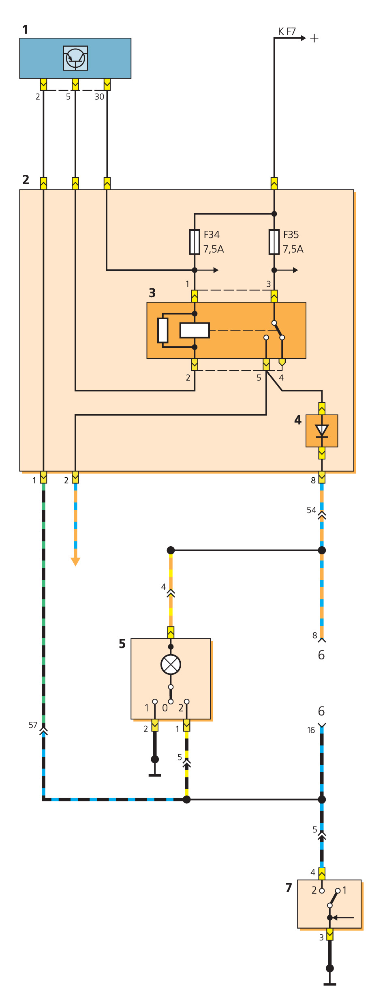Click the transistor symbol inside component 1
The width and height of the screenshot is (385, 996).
coord(75,58)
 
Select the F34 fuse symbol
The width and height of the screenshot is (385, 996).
coord(195,242)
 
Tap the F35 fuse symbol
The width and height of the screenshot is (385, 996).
coord(274,242)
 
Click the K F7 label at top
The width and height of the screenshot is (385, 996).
coord(287,31)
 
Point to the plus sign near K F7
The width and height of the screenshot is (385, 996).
coord(314,38)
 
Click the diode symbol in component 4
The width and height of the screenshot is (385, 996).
coord(322,431)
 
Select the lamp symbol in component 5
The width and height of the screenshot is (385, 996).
coord(171,665)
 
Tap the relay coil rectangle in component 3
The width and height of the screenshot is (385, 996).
coord(195,330)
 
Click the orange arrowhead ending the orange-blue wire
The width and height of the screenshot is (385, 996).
coord(75,562)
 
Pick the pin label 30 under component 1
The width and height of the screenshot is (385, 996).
coord(99,97)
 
